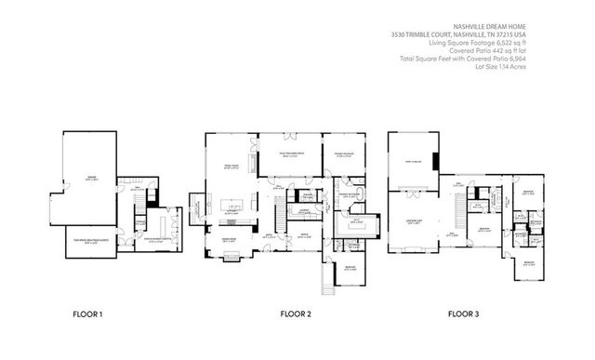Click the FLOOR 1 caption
(88, 314)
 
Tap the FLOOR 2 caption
(296, 314)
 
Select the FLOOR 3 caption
(463, 314)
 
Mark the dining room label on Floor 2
(229, 240)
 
